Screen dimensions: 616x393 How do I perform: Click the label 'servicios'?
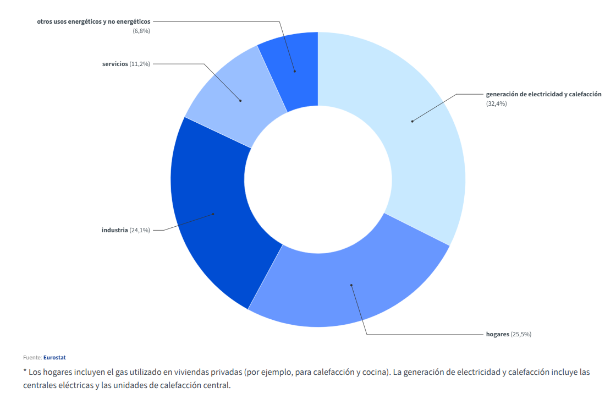(115, 64)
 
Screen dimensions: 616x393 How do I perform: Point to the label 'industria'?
(115, 230)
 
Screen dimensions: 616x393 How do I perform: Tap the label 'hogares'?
(497, 335)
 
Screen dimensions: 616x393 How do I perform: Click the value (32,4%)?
(497, 103)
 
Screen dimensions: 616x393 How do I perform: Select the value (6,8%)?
(141, 31)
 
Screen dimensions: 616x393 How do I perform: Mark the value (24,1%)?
(140, 230)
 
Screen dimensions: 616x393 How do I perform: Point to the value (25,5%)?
(521, 335)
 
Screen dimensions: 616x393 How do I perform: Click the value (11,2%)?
(140, 64)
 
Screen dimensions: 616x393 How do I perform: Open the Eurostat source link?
(54, 358)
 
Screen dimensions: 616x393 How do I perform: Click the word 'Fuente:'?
(32, 358)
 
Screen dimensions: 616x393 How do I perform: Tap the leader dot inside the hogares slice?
(351, 285)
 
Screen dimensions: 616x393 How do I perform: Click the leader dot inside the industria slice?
(213, 214)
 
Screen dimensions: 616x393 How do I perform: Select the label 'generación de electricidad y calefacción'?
(544, 94)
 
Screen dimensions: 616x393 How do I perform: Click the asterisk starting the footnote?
(25, 370)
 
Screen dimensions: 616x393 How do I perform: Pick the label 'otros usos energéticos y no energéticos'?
(94, 21)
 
